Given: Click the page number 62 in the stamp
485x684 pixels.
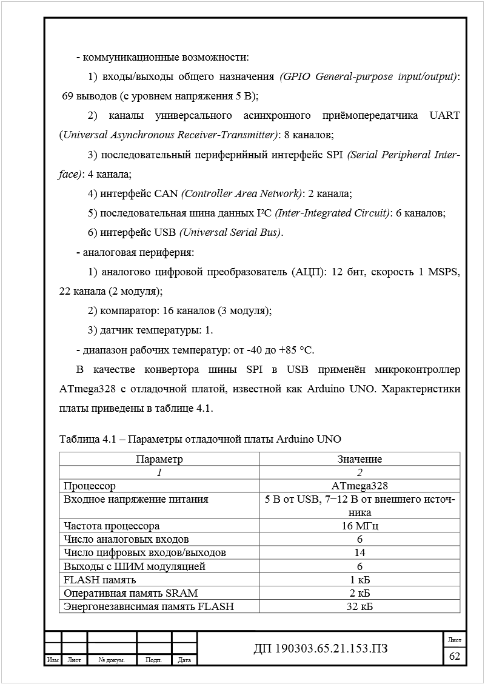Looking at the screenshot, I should [x=454, y=656].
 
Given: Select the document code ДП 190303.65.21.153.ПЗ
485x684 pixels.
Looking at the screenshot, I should [x=320, y=649].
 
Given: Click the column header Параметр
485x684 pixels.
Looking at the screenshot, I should [x=159, y=459].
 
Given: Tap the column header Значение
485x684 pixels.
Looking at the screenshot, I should [x=360, y=459].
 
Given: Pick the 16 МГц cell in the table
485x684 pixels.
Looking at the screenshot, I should [x=360, y=526].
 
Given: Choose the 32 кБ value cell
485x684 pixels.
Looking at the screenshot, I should [x=360, y=606].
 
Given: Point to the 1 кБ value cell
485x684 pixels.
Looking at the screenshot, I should [x=360, y=579].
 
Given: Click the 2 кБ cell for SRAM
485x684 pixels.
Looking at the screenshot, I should [x=360, y=592].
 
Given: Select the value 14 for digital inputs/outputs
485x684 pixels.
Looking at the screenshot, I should [x=360, y=552].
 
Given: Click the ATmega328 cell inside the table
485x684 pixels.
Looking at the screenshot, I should [x=360, y=486].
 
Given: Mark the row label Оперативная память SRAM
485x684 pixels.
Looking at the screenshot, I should [x=130, y=592].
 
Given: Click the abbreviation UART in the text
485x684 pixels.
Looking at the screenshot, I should [x=445, y=115].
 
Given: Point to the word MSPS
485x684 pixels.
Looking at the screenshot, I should [x=444, y=272].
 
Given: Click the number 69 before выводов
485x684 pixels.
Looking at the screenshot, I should [x=69, y=96].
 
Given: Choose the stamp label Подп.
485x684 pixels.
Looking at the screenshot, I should [x=154, y=660].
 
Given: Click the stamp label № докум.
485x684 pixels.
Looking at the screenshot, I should [x=112, y=660].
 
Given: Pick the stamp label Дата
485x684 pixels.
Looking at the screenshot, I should [x=185, y=660].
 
